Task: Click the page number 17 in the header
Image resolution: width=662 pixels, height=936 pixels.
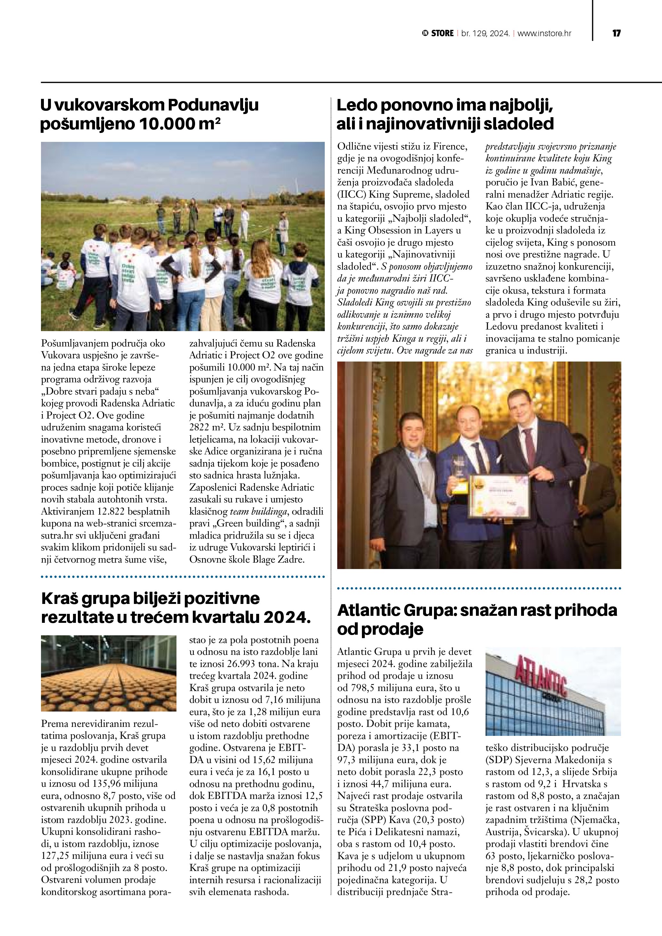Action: coord(616,33)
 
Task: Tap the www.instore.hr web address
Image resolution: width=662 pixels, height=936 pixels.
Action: coord(544,33)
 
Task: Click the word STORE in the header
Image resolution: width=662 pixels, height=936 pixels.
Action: coord(442,33)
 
